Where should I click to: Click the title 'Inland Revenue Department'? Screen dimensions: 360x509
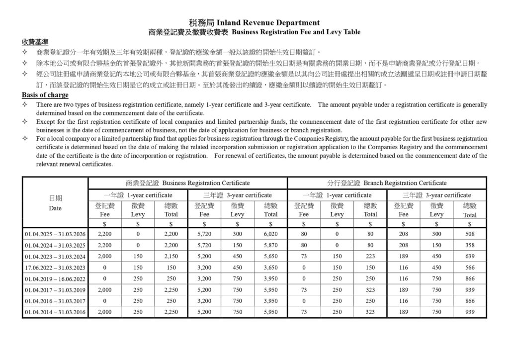point(268,23)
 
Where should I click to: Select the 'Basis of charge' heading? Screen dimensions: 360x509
point(45,95)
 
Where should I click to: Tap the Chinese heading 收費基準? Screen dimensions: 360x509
point(35,41)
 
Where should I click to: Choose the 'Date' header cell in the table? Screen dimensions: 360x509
point(55,203)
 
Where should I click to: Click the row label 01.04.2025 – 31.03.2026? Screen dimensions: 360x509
point(55,234)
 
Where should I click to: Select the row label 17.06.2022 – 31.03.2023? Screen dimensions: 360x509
point(55,268)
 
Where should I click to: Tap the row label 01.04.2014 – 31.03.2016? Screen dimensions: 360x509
point(55,312)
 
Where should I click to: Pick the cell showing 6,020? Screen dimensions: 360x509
point(270,234)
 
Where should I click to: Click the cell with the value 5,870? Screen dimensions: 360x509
point(270,245)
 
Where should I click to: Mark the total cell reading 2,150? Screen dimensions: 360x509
point(171,257)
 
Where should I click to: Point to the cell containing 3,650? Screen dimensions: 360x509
point(270,268)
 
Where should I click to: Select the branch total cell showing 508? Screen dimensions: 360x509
point(469,234)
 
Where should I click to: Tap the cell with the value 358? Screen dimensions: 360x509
point(469,245)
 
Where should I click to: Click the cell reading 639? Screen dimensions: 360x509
point(469,257)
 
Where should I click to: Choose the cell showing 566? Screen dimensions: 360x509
point(469,268)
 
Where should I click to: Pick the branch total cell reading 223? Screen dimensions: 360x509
point(370,257)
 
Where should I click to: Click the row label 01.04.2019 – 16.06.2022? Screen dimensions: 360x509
point(55,279)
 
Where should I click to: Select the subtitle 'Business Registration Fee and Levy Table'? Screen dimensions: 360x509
point(296,32)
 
